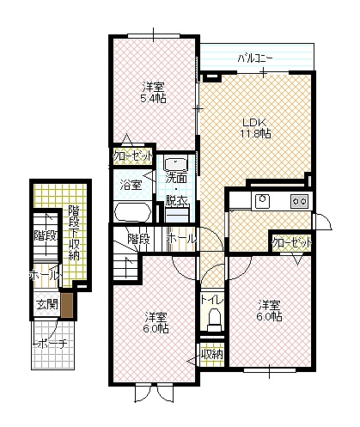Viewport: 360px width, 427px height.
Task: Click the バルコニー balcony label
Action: tap(255, 58)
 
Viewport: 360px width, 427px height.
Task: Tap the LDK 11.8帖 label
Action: tap(256, 128)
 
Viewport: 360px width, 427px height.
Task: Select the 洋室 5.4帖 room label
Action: tap(153, 92)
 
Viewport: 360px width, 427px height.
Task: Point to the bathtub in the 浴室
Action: tap(132, 212)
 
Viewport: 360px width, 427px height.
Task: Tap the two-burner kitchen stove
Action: tap(300, 201)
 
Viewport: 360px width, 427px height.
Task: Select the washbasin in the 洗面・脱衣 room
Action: tap(175, 164)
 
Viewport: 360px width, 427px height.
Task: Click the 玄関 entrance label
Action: tap(47, 304)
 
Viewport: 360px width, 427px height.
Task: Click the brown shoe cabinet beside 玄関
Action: tap(67, 305)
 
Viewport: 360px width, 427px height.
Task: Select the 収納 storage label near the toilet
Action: tap(212, 354)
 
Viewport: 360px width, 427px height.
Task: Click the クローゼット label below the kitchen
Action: tap(291, 243)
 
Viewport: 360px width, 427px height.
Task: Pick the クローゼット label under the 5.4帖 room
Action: tap(133, 156)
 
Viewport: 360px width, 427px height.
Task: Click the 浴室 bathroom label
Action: tap(131, 185)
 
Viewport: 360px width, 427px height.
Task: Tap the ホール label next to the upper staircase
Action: tap(181, 238)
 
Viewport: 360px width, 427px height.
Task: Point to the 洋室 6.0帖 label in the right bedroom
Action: tap(270, 310)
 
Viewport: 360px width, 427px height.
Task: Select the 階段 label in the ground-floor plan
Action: tap(46, 236)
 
